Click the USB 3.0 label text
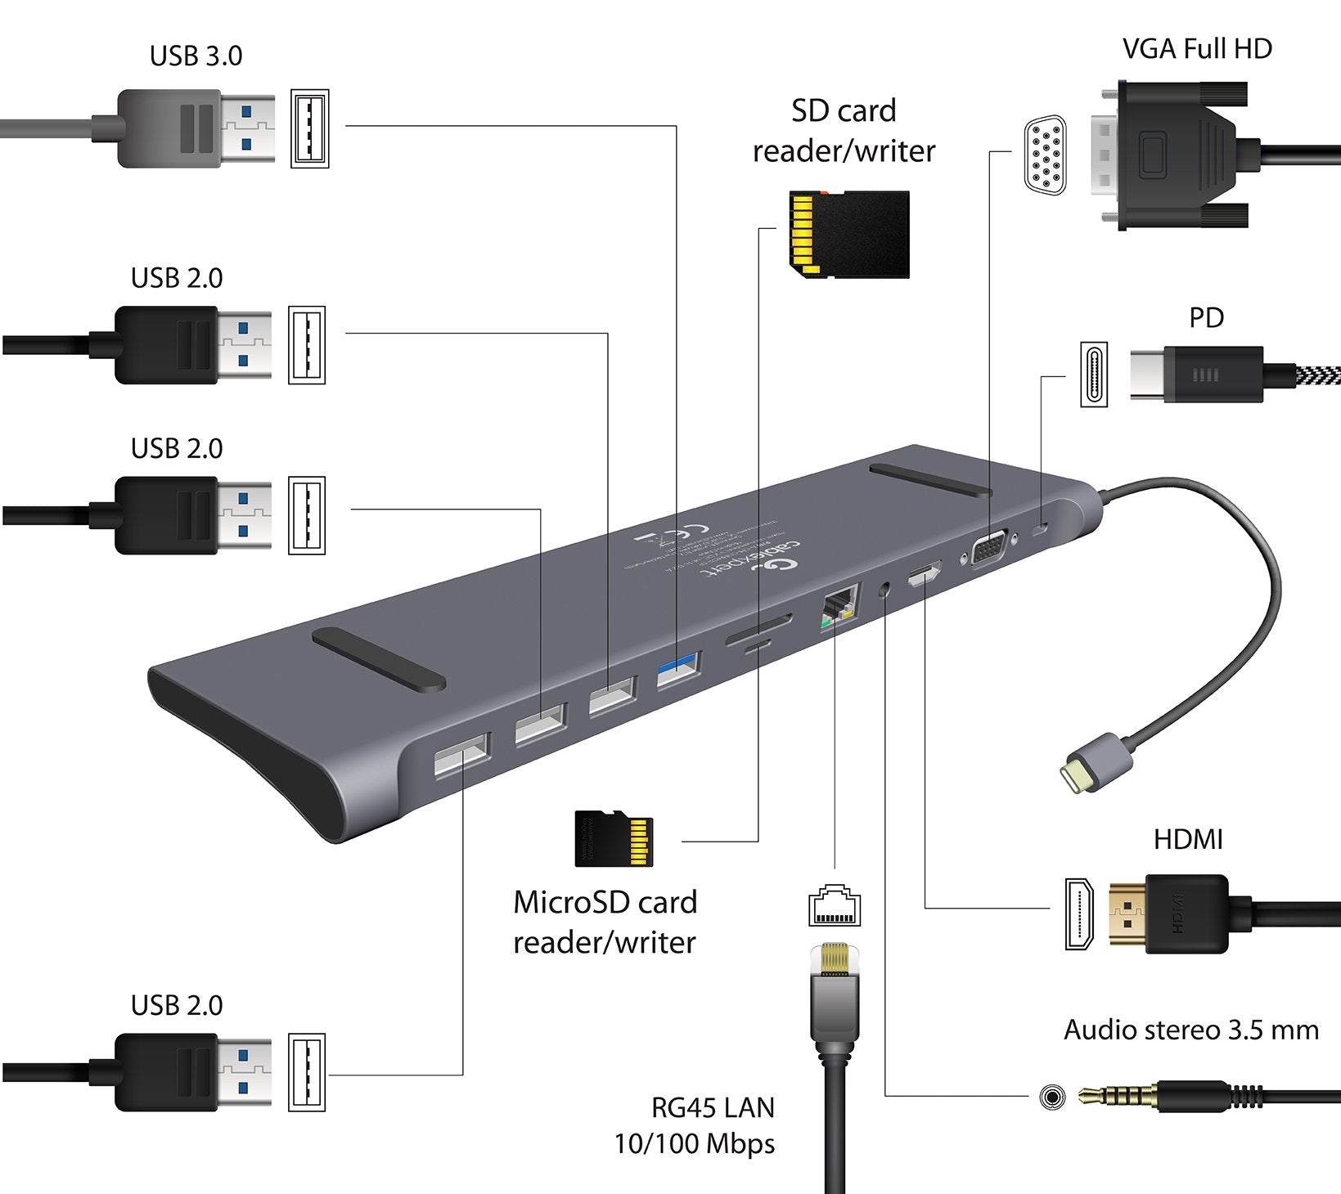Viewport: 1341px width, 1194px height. point(196,56)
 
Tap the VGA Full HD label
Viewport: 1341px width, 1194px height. point(1196,49)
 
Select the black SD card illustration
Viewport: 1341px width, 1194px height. point(849,235)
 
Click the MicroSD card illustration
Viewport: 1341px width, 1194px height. point(614,839)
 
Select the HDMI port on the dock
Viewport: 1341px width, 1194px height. point(924,574)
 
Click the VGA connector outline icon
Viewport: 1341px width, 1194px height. point(1045,155)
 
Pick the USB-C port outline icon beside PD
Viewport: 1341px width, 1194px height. point(1094,374)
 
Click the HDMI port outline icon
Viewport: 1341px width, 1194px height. point(1078,913)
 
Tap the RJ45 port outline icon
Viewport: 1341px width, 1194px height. point(835,905)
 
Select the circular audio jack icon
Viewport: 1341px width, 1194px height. point(1052,1097)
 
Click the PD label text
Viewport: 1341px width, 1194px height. point(1206,318)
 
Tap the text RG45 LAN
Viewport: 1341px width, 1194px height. point(713,1108)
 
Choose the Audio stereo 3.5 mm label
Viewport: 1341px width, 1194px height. point(1190,1030)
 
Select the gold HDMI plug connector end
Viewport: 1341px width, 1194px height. point(1126,913)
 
